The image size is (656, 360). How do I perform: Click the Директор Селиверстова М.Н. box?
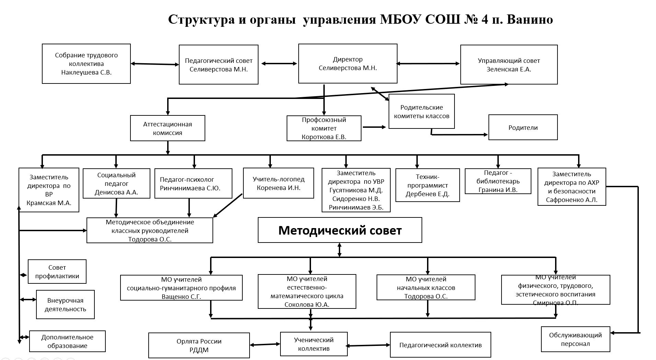click(348, 64)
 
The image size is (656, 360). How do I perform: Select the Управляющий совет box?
click(509, 65)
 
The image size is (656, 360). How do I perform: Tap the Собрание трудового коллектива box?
click(86, 64)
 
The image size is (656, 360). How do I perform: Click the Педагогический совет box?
click(219, 65)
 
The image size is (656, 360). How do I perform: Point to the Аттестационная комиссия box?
click(168, 128)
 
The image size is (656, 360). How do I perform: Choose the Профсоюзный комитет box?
click(324, 128)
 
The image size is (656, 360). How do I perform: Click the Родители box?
click(523, 127)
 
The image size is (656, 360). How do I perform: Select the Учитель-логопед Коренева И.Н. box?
click(278, 183)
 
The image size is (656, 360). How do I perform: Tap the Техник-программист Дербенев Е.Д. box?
click(427, 185)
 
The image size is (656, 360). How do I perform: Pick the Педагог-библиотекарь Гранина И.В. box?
click(498, 181)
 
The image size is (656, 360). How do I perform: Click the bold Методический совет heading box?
click(340, 230)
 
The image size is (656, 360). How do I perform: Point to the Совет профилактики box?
click(57, 271)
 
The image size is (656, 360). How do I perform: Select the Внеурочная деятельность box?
click(65, 304)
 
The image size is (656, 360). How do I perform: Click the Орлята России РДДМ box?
click(199, 346)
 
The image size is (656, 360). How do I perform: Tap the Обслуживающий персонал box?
click(575, 339)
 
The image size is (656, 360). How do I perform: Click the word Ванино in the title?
click(530, 20)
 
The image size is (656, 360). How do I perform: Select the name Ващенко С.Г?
click(181, 296)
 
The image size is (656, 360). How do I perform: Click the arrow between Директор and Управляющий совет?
click(428, 64)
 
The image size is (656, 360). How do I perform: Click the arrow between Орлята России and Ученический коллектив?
click(265, 344)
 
